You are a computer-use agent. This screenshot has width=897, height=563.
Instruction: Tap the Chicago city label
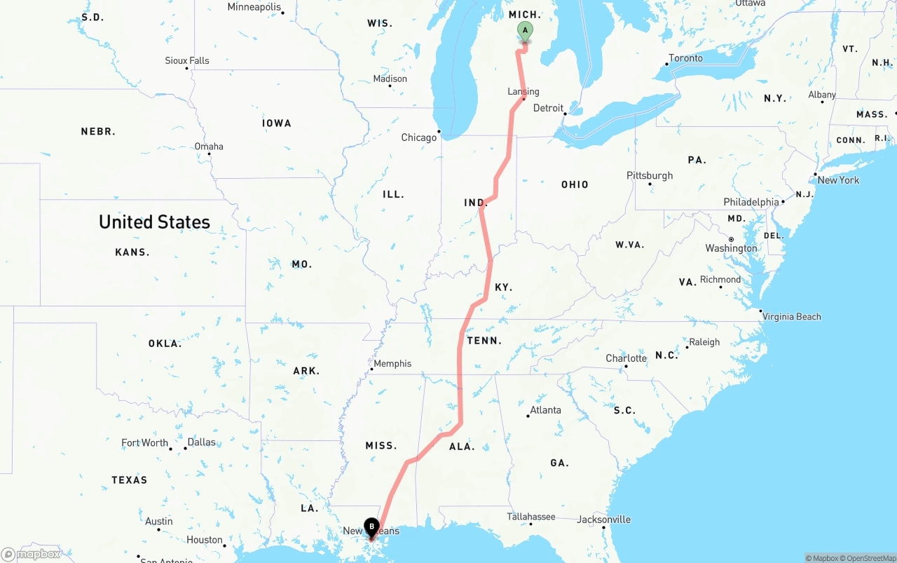tap(419, 137)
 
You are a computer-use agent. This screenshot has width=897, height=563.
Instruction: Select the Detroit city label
tap(548, 108)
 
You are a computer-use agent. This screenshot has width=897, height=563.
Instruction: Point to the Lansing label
tap(523, 91)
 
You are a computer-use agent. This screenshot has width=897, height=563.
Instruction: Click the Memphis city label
tap(392, 363)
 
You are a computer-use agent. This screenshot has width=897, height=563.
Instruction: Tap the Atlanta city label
tap(545, 410)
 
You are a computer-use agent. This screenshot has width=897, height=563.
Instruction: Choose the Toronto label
tap(685, 58)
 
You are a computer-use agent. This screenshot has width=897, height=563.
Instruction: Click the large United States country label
tap(154, 222)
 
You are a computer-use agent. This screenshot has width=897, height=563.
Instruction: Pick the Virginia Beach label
tap(791, 316)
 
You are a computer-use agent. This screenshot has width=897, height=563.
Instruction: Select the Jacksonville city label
tap(603, 520)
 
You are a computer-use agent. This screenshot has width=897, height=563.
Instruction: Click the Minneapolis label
tap(254, 7)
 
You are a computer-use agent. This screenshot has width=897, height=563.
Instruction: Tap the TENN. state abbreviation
tap(484, 341)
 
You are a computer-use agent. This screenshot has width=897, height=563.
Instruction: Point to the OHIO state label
tap(575, 184)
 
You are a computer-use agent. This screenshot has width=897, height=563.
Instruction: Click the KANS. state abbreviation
tap(132, 252)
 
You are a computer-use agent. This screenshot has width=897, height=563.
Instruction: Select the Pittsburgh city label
tap(650, 175)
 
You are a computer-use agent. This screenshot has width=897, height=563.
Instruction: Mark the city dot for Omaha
tap(209, 154)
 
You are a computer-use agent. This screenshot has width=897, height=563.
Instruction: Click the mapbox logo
tap(31, 554)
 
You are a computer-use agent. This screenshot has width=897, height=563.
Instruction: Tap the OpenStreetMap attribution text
tap(870, 558)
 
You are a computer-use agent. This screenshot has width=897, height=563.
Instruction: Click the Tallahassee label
tap(531, 517)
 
